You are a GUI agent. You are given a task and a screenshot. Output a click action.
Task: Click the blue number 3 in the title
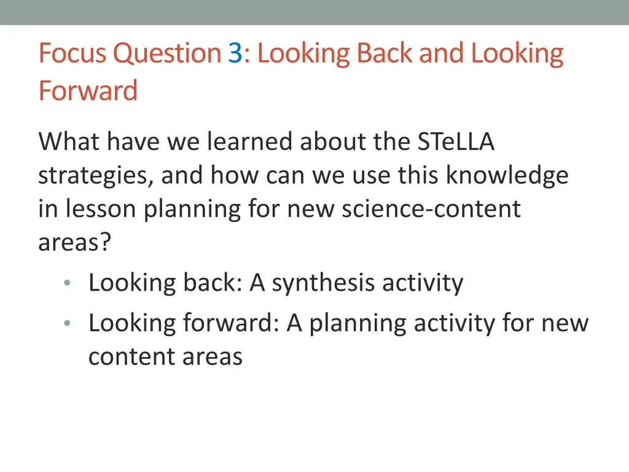tap(235, 54)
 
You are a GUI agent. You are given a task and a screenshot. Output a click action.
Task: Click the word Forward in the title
tap(88, 92)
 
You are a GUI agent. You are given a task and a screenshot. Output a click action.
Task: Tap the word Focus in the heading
tap(72, 54)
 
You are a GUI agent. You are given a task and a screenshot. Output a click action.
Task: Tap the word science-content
tap(431, 209)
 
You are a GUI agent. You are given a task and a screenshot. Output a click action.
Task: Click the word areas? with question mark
tap(75, 242)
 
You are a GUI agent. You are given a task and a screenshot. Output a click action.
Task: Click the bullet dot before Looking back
tap(67, 283)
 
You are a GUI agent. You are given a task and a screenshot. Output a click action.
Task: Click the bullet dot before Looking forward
tap(67, 323)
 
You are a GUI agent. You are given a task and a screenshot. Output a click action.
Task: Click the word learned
tap(250, 142)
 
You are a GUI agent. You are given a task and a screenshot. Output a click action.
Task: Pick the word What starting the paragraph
tap(68, 142)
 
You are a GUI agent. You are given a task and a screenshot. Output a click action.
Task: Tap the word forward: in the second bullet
tap(231, 323)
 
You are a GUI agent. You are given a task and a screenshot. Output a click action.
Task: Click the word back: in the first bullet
tap(213, 283)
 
